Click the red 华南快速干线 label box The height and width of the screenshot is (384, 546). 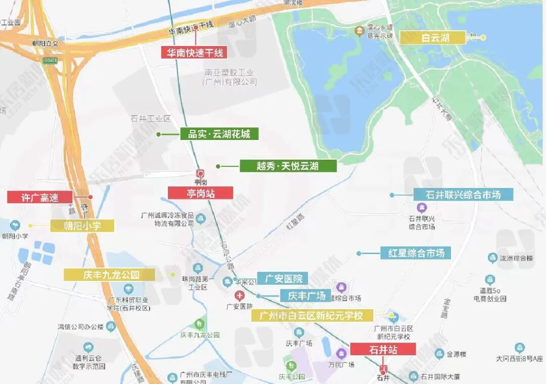pyautogui.click(x=194, y=52)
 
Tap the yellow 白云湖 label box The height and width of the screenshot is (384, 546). pyautogui.click(x=432, y=37)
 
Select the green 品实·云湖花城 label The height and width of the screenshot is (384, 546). pyautogui.click(x=219, y=134)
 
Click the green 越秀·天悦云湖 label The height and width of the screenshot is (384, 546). pyautogui.click(x=288, y=166)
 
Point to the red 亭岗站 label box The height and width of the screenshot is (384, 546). pyautogui.click(x=200, y=193)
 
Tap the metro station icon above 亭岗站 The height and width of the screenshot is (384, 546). pyautogui.click(x=201, y=173)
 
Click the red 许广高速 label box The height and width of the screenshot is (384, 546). pyautogui.click(x=40, y=197)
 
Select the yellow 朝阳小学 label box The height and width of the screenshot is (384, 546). pyautogui.click(x=82, y=225)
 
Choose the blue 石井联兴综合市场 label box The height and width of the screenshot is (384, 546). pyautogui.click(x=463, y=195)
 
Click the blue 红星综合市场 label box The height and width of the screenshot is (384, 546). pyautogui.click(x=416, y=253)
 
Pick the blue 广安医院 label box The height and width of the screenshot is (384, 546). pyautogui.click(x=282, y=278)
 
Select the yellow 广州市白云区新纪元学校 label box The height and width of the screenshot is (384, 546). pyautogui.click(x=312, y=316)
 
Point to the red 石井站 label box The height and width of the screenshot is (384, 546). pyautogui.click(x=383, y=349)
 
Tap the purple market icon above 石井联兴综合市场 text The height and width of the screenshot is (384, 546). pyautogui.click(x=422, y=207)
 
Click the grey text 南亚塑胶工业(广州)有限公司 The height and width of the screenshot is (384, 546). pyautogui.click(x=230, y=77)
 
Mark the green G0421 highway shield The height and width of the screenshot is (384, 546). pyautogui.click(x=50, y=61)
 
